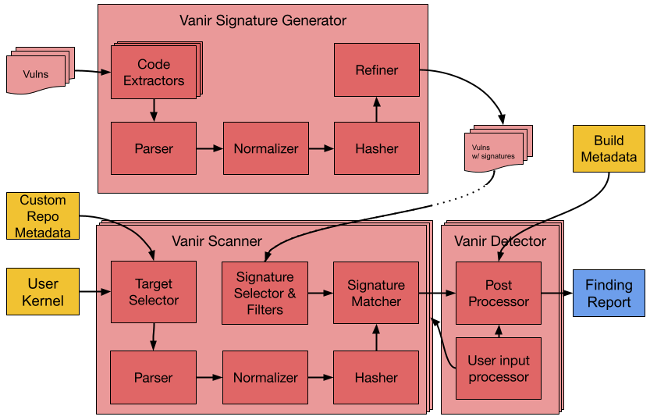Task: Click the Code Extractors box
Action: [x=154, y=73]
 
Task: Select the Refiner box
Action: [x=377, y=70]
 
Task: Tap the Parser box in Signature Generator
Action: [x=154, y=148]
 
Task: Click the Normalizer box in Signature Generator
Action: [x=265, y=148]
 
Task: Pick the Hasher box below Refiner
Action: [x=377, y=148]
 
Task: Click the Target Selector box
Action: [x=154, y=292]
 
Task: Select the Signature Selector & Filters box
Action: [x=265, y=293]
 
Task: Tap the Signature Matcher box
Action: [x=377, y=293]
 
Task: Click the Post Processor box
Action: [x=499, y=293]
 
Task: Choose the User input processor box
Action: [x=499, y=368]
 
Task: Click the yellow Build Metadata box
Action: [x=609, y=148]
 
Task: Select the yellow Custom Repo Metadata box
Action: [x=43, y=216]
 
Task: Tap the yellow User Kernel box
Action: [x=43, y=292]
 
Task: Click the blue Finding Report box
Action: [x=609, y=293]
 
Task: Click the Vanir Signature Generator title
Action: [x=263, y=20]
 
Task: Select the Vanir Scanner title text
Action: [x=217, y=241]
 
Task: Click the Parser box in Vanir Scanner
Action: [x=154, y=377]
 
